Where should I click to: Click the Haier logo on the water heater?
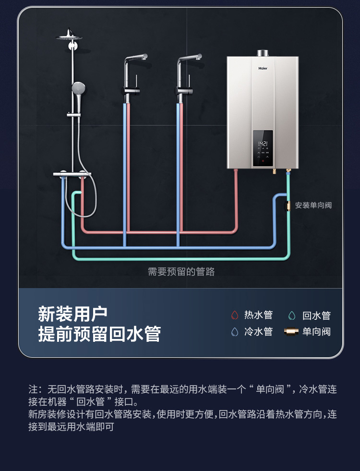coord(263,68)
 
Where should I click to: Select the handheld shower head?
coord(78,88)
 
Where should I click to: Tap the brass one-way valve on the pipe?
coord(288,205)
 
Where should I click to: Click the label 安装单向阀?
coord(313,205)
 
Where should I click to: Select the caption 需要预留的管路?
coord(181,272)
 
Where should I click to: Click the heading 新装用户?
coord(73,314)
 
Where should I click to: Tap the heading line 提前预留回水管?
coord(99,334)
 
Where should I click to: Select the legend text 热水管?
coord(258,315)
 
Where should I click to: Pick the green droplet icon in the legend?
coord(292,315)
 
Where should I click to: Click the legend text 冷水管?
coord(258,332)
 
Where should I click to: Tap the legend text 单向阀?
coord(316,332)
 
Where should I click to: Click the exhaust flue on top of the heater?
coord(263,52)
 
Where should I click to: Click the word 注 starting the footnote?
coord(33,389)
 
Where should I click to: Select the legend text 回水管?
coord(316,315)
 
